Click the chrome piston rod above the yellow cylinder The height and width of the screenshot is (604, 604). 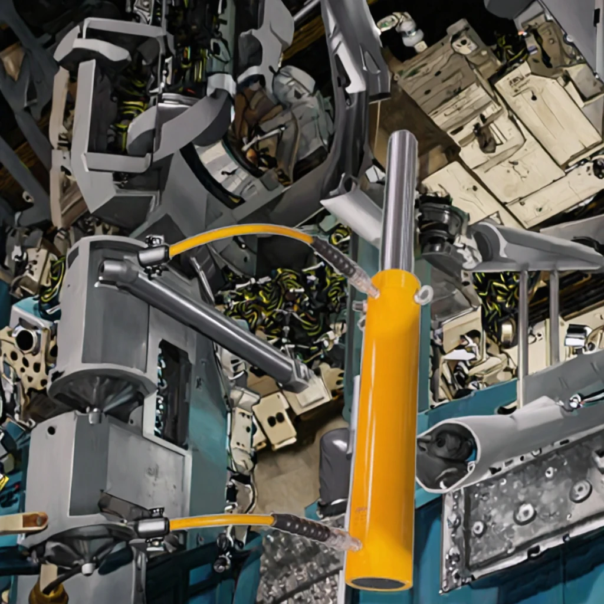399,201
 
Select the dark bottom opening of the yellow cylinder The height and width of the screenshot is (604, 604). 378,583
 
